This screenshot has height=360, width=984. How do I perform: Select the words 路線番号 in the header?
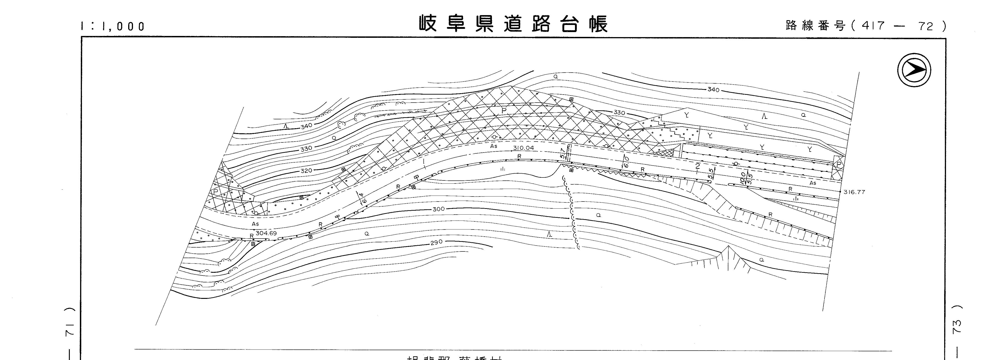coord(815,26)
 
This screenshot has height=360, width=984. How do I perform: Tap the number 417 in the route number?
coord(870,26)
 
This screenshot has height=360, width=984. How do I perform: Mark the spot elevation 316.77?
coord(854,192)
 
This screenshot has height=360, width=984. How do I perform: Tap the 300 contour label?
coord(439,209)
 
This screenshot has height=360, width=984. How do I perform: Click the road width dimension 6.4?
coord(359,198)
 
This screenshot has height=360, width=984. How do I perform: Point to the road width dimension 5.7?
coord(562,153)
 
